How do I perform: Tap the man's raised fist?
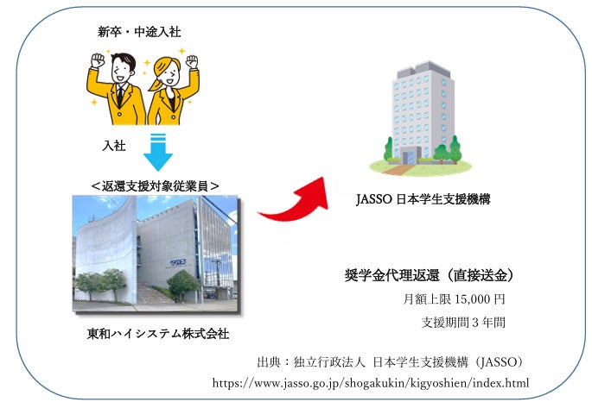click(x=97, y=61)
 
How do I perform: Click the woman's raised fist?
click(x=191, y=62)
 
